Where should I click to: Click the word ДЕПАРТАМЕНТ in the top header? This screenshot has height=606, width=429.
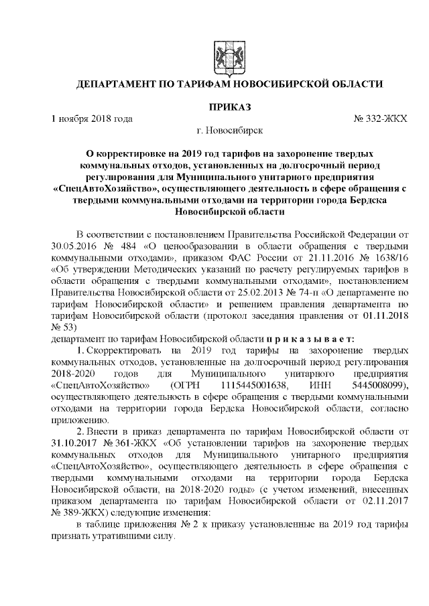click(118, 85)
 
